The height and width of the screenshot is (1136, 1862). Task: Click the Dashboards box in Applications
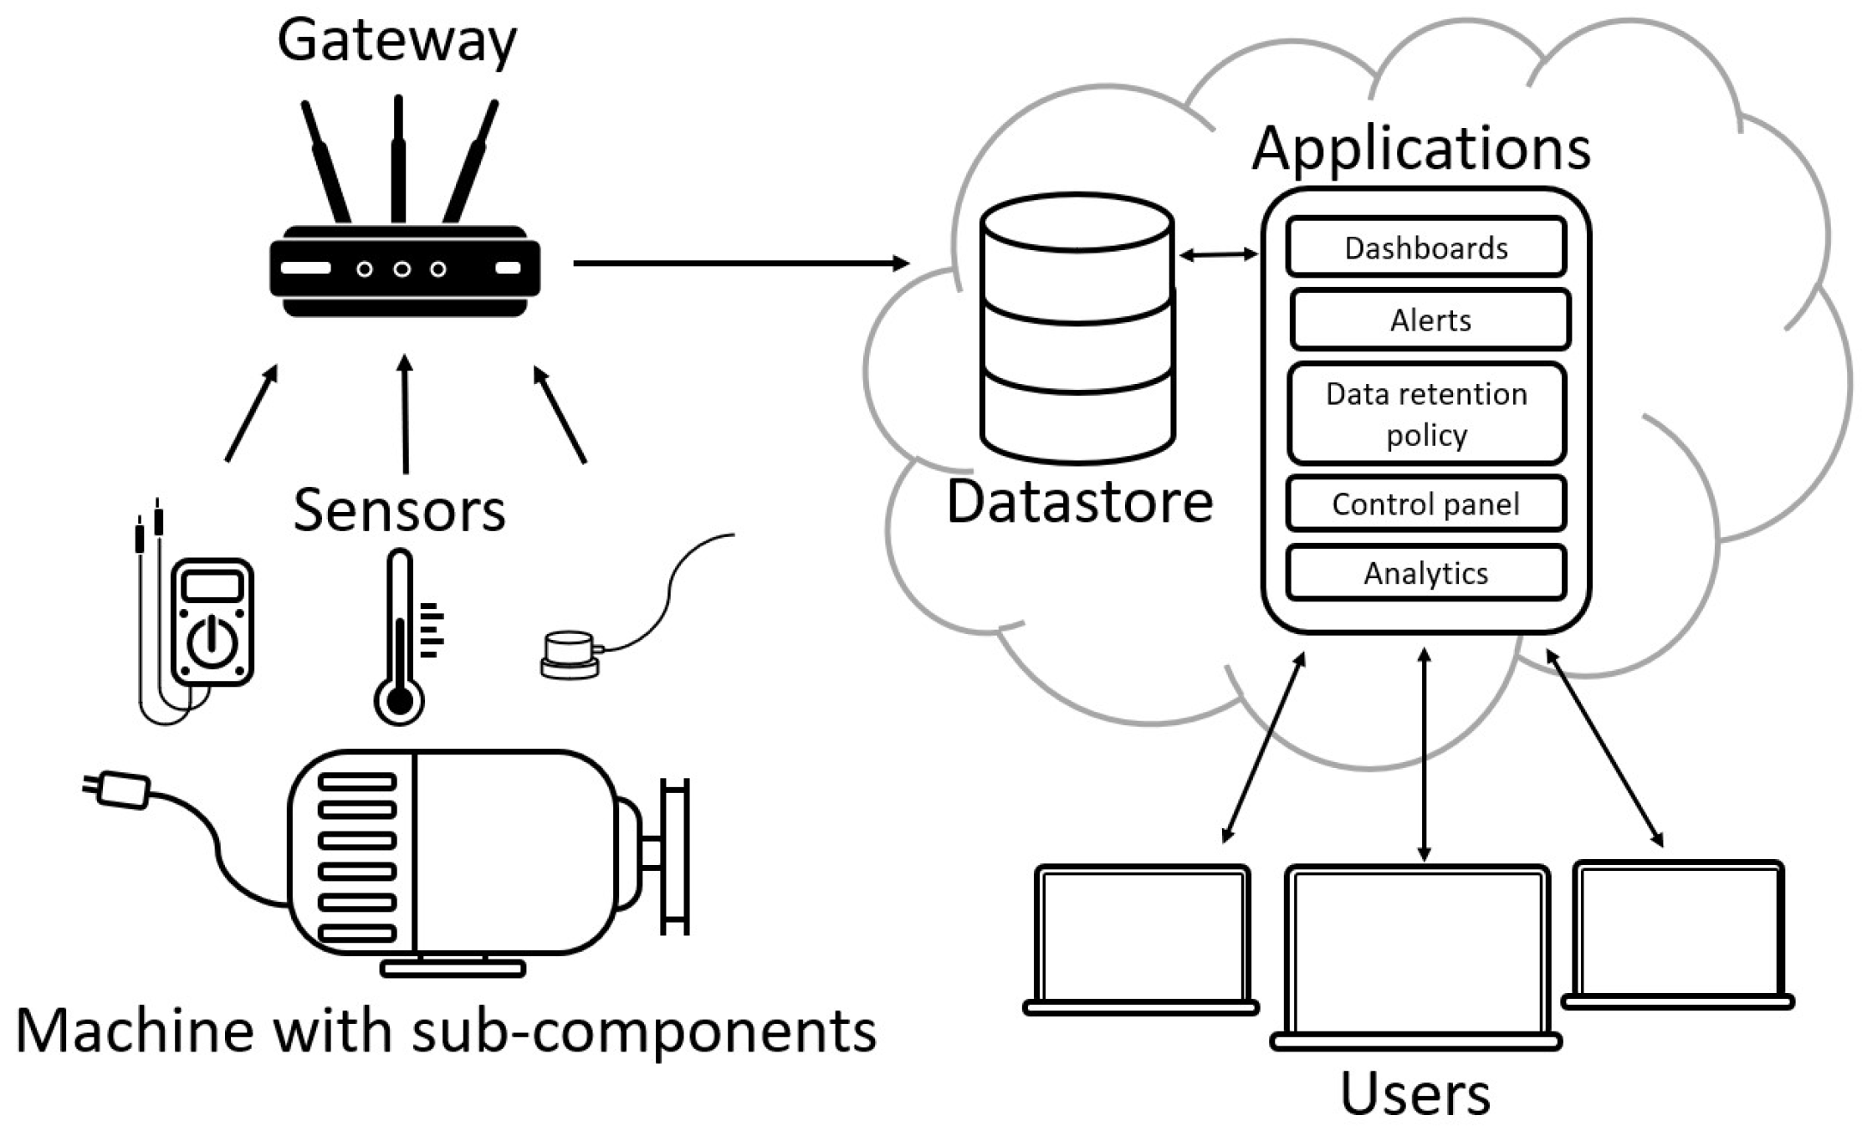tap(1425, 248)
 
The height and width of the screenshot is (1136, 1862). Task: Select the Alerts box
tap(1430, 320)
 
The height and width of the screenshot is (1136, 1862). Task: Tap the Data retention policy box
tap(1426, 414)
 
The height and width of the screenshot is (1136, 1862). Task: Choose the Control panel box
tap(1425, 504)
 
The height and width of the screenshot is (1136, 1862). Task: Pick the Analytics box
tap(1425, 573)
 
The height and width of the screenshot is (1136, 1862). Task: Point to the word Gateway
tap(396, 40)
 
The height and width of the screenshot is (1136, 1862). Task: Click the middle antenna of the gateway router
tap(398, 159)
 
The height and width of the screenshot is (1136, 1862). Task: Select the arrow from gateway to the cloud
tap(740, 264)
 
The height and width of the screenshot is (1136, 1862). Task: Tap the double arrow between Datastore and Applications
tap(1218, 253)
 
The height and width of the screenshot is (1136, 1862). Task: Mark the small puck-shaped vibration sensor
tap(569, 655)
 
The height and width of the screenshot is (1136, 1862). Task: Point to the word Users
tap(1414, 1093)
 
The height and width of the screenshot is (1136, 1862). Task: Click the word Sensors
tap(399, 509)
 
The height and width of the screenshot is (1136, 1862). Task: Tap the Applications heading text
tap(1420, 149)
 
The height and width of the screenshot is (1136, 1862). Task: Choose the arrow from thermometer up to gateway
tap(406, 414)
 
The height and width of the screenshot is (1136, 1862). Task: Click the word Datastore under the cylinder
tap(1079, 502)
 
